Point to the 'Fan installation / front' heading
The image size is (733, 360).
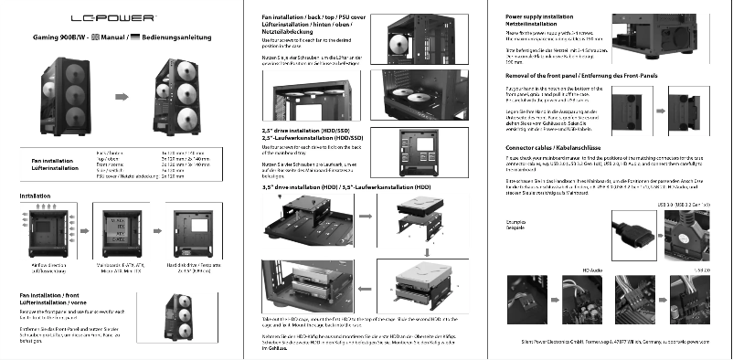coord(63,299)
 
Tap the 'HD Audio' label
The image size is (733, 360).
coord(594,270)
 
